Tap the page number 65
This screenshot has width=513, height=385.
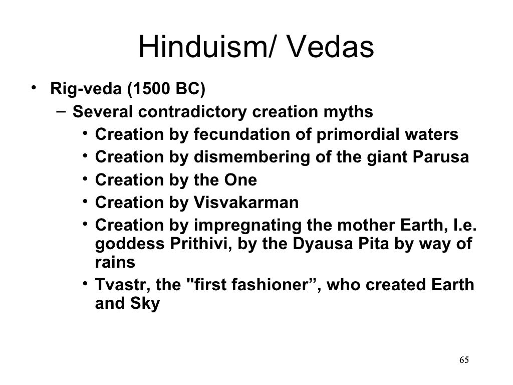click(x=464, y=360)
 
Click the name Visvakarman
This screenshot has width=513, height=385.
click(x=245, y=203)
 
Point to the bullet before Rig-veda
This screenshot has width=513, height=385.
click(x=33, y=89)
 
